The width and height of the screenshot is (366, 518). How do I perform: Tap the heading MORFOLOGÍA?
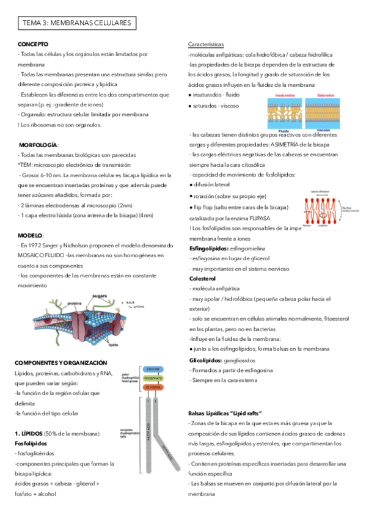(38, 145)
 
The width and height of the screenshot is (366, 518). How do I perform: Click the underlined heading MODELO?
(31, 235)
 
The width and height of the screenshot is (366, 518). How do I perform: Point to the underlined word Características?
(206, 45)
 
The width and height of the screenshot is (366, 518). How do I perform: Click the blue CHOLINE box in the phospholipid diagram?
(153, 370)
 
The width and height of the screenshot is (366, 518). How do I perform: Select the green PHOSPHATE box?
(153, 378)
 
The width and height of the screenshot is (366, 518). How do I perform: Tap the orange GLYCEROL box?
(153, 387)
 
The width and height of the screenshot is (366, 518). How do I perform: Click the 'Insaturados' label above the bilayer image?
(285, 96)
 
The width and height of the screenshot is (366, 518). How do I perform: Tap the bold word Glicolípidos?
(208, 360)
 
